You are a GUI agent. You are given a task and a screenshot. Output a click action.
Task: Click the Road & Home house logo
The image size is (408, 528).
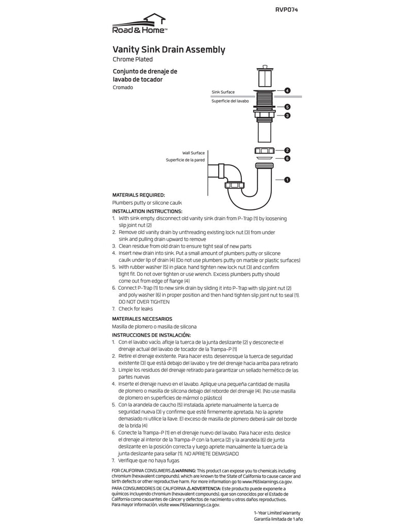139,24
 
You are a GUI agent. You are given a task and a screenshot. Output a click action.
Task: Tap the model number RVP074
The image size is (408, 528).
287,10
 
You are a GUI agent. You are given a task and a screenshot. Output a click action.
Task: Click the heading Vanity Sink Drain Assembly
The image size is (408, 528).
169,50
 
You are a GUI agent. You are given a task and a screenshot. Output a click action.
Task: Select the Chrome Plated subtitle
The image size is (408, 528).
133,60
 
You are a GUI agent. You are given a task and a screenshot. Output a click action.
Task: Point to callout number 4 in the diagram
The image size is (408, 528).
287,90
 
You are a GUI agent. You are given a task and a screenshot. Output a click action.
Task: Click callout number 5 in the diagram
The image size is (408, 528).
287,107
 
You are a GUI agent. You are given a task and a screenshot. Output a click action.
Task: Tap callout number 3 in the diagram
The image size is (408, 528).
287,115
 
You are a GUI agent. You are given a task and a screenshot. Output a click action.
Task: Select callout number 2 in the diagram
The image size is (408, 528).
287,150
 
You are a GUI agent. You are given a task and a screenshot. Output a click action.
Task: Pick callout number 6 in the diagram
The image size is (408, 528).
287,158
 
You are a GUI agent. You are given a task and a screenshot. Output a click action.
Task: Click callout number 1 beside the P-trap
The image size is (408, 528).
287,180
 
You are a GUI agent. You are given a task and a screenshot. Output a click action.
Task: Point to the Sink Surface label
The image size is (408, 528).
223,92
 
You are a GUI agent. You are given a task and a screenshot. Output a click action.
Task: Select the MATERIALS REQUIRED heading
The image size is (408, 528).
139,195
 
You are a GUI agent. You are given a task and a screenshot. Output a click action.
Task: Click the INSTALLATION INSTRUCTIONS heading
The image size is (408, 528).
147,211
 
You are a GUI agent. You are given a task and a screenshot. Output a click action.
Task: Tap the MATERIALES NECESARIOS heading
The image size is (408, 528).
142,319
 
